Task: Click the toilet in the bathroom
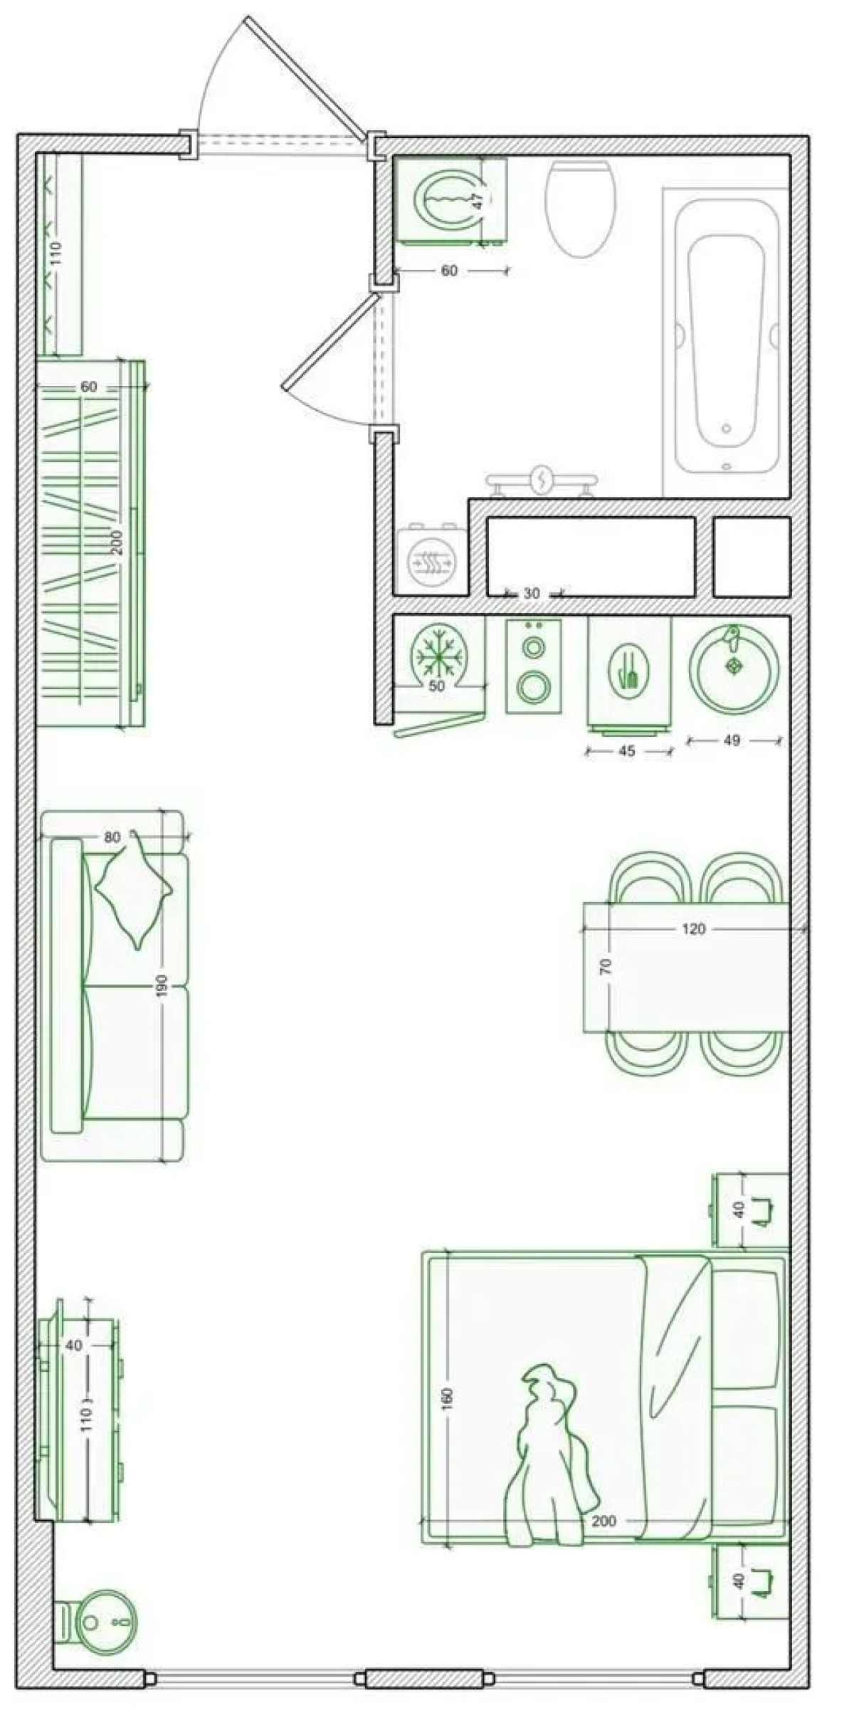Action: (x=580, y=208)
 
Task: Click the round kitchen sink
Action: (x=734, y=668)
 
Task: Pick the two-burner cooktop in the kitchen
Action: (x=533, y=666)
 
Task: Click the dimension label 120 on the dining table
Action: (x=693, y=929)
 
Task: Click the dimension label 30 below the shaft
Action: (x=532, y=593)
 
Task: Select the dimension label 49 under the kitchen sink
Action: (x=732, y=740)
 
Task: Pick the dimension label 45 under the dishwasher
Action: (x=627, y=751)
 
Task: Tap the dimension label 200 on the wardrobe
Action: (x=118, y=542)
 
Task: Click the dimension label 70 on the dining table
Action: (x=606, y=966)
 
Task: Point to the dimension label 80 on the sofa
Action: (x=112, y=837)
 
